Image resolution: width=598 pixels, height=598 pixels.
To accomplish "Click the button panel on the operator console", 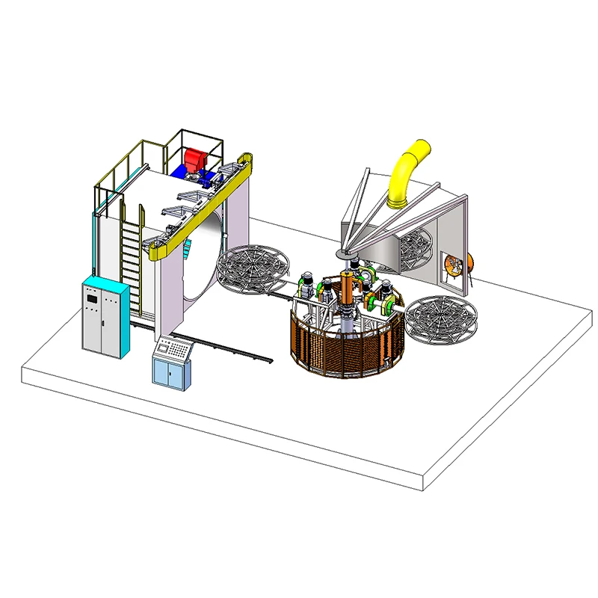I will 173,346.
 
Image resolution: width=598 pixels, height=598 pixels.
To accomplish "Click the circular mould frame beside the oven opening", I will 253,268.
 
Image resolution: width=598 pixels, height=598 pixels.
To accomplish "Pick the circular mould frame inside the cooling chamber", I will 415,247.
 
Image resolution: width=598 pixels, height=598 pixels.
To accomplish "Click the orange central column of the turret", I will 347,288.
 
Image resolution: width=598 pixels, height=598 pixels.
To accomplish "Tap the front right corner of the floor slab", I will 424,490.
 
